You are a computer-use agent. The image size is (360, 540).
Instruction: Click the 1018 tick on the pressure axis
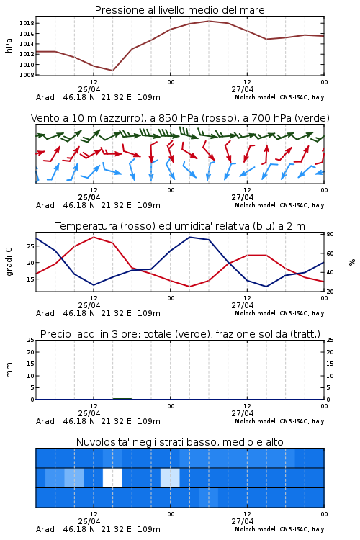(x=27, y=24)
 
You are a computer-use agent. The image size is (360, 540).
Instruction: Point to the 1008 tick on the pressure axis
(x=27, y=75)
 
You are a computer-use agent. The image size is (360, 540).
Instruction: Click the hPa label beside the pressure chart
(x=9, y=45)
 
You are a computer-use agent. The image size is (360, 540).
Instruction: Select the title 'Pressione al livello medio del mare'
(x=180, y=10)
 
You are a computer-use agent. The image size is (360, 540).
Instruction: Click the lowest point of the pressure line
(x=112, y=71)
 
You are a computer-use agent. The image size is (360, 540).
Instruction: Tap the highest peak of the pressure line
(x=209, y=21)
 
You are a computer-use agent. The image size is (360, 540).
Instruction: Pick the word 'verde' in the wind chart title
(x=314, y=118)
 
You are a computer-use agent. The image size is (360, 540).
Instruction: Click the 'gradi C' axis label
(x=9, y=262)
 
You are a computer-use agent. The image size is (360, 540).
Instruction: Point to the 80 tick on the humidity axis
(x=330, y=234)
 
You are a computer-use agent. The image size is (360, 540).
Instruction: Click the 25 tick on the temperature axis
(x=31, y=246)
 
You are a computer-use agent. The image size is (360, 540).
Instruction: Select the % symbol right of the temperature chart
(x=352, y=262)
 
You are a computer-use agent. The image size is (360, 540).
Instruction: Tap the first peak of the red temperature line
(x=94, y=237)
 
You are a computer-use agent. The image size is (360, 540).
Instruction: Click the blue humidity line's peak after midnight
(x=190, y=237)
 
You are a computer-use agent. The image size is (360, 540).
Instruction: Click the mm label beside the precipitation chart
(x=9, y=370)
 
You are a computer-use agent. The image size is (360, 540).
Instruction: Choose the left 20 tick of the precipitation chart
(x=31, y=352)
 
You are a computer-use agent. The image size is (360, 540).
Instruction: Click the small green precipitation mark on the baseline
(x=122, y=399)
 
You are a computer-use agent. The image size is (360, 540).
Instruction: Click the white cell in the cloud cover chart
(x=112, y=478)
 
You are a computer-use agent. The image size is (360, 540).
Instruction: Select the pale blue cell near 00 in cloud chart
(x=170, y=478)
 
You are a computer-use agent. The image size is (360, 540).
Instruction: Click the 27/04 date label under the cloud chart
(x=243, y=521)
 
